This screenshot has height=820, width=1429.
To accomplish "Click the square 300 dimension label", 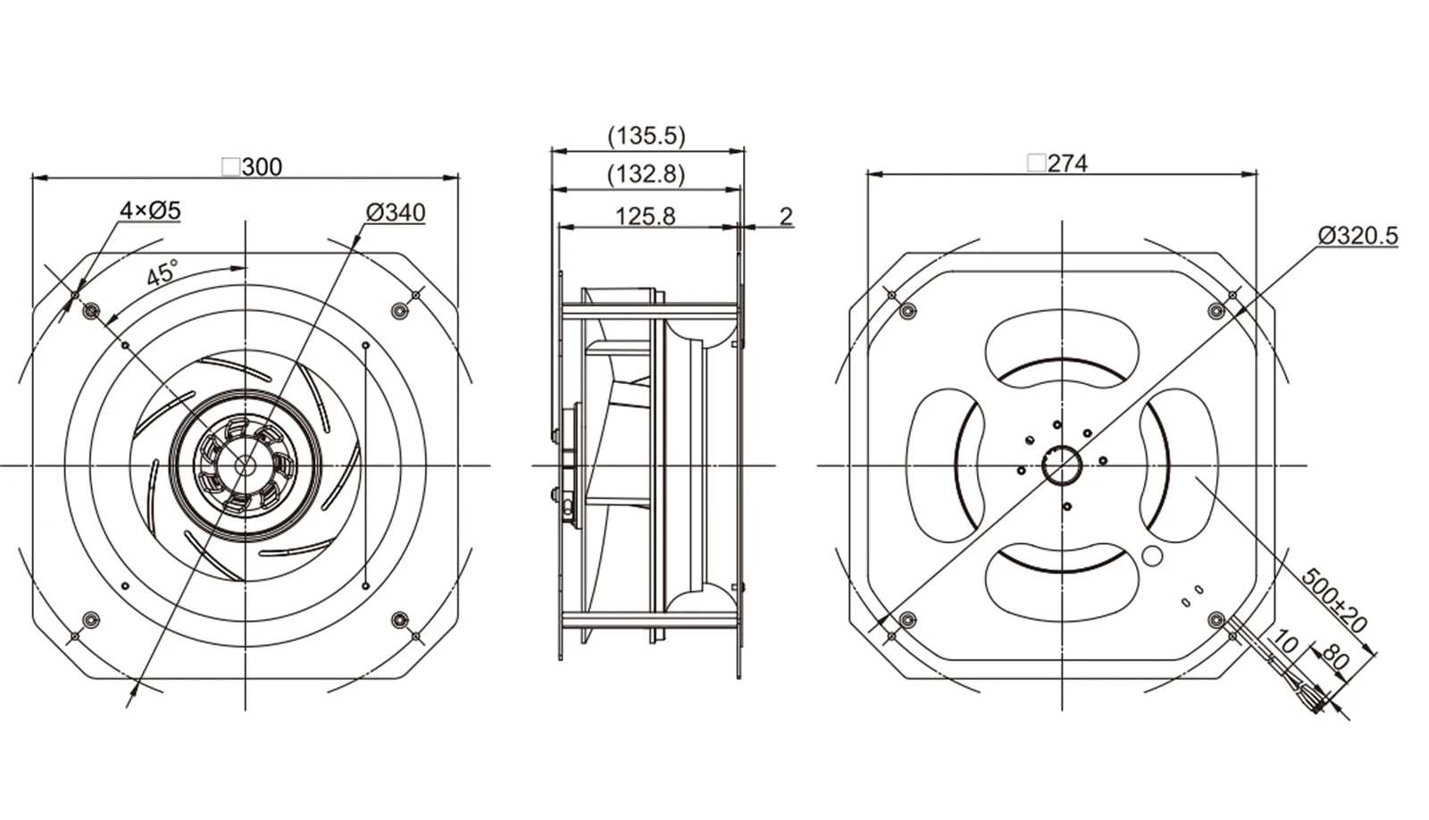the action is [x=252, y=166].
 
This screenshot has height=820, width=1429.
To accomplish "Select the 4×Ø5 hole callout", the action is [x=151, y=210].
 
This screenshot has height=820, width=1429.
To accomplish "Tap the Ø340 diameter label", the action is [x=396, y=213].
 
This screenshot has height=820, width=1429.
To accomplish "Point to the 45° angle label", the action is [x=163, y=273].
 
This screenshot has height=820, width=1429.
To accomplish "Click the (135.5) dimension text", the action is [x=647, y=136].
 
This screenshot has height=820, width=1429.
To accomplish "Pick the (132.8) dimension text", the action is [x=647, y=173].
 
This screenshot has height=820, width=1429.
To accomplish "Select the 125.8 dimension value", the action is [x=645, y=216].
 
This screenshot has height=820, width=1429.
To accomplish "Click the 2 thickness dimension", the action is [x=786, y=216].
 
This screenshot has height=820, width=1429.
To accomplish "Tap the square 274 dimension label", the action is [x=1057, y=164].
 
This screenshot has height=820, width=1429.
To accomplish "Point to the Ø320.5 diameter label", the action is [x=1358, y=236].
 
